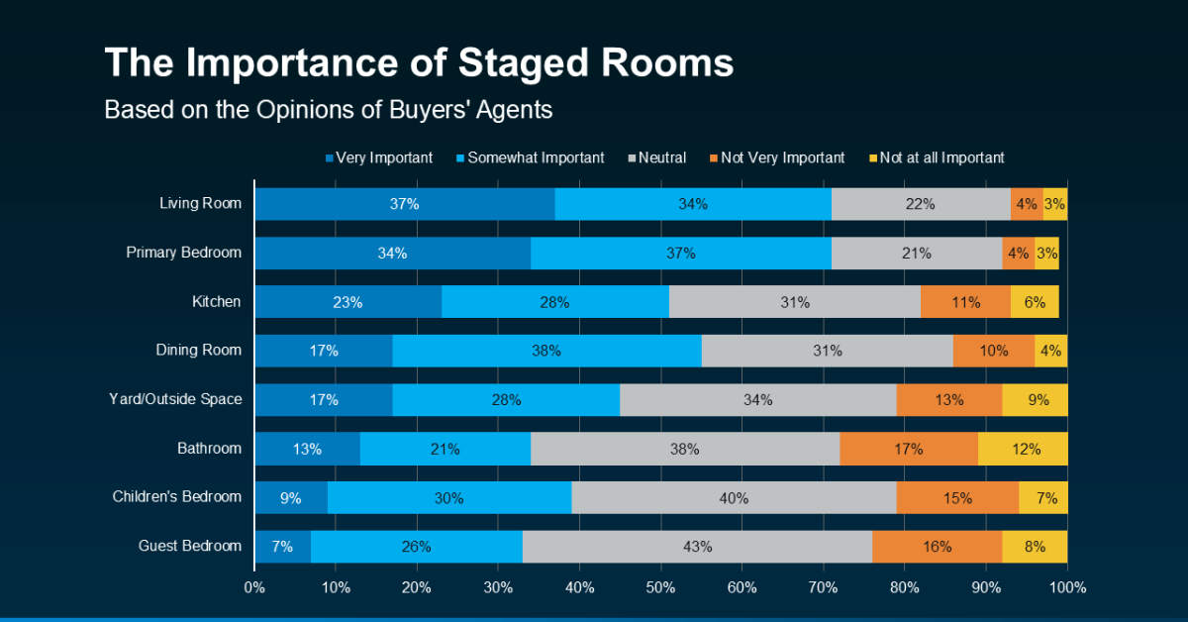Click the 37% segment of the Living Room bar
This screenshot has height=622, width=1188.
(404, 204)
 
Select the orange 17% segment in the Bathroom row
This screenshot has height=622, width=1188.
(909, 449)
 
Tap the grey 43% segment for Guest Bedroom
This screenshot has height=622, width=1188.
(697, 546)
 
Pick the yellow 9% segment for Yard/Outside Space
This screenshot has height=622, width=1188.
(1035, 400)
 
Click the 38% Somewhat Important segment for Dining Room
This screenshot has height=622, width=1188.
(546, 351)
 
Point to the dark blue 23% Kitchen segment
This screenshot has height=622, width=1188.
(347, 302)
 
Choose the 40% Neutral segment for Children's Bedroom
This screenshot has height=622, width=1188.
(734, 498)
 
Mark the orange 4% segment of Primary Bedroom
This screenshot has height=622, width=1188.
(1018, 253)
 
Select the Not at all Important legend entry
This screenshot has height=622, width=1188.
(936, 157)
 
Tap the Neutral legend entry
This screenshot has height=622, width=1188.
(659, 157)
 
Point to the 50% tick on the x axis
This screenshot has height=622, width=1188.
(660, 587)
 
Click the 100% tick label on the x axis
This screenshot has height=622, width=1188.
(1067, 587)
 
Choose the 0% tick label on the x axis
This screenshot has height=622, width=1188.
(254, 587)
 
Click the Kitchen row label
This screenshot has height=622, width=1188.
(217, 301)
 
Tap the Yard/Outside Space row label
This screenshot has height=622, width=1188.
(174, 399)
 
